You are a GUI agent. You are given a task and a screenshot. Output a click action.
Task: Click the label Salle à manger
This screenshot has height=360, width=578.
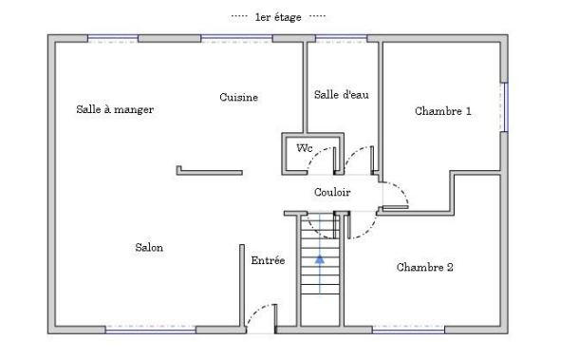[115, 109]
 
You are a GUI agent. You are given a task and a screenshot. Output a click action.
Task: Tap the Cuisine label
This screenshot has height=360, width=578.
[238, 97]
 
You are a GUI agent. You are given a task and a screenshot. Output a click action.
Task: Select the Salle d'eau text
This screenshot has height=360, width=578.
[341, 94]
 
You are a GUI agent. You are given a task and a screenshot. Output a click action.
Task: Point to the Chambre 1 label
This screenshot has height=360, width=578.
[443, 111]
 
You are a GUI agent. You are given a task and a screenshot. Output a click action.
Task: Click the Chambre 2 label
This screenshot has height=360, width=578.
[424, 267]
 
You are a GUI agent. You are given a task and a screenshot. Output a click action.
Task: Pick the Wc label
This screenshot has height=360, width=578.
[304, 148]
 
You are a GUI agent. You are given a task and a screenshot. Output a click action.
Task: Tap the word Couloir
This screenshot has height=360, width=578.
[332, 192]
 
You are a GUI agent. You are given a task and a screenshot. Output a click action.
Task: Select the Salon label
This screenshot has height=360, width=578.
[149, 247]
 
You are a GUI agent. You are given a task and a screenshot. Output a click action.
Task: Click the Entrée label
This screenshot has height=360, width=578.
[268, 259]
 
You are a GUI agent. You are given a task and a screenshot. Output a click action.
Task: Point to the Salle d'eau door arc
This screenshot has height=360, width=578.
[358, 156]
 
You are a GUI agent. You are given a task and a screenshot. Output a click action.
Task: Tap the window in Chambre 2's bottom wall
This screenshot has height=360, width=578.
[407, 330]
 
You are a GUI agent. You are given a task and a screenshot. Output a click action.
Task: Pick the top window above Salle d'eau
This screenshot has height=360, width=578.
[341, 39]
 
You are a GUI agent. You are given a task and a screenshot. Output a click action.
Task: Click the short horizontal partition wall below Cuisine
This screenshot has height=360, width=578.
[210, 172]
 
